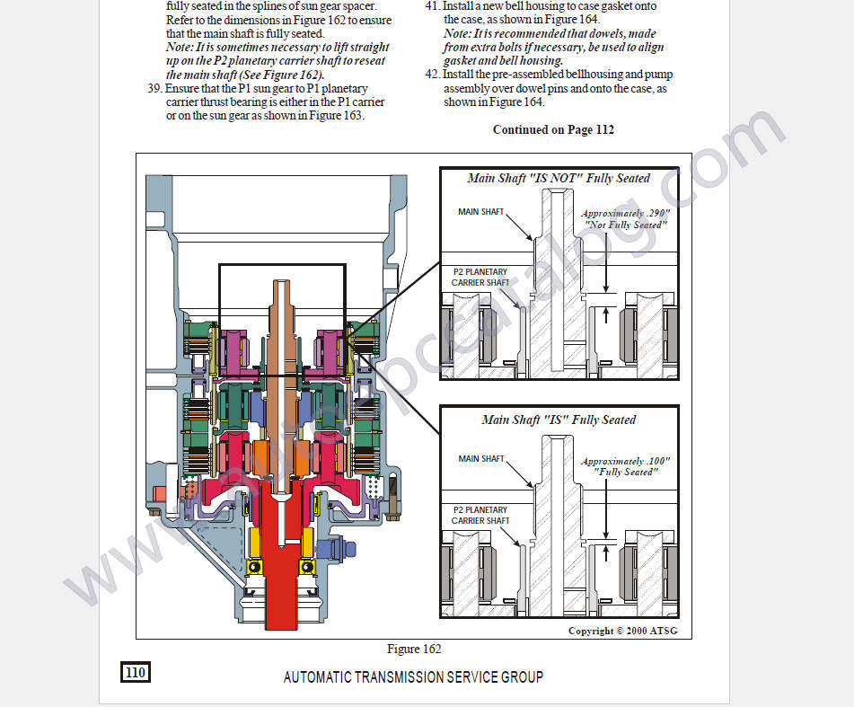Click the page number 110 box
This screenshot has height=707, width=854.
135,672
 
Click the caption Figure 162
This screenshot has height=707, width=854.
414,649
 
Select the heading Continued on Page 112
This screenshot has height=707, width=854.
553,129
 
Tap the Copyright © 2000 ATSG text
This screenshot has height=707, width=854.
622,631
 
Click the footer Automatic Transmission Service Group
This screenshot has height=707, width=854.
413,676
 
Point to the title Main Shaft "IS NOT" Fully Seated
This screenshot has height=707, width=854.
559,178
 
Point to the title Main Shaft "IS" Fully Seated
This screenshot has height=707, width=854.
559,420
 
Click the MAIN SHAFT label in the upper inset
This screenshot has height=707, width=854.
481,212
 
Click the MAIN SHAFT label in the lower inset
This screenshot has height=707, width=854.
481,459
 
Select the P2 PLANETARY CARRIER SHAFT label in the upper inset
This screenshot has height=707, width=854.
480,277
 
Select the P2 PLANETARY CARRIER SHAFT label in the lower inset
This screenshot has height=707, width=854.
480,515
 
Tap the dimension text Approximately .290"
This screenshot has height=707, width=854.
626,214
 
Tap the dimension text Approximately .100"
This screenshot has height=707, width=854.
626,461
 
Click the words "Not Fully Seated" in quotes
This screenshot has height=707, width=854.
626,225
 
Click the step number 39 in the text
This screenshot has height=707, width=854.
154,89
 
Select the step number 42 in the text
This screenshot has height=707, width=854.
432,75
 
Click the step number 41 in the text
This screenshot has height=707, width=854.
432,6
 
